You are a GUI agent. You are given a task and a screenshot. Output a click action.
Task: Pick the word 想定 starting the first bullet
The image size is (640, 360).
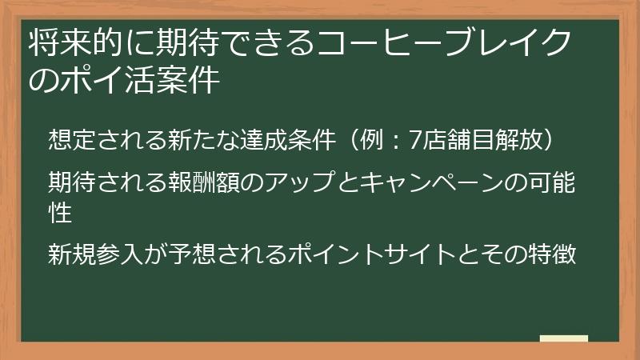(x=68, y=138)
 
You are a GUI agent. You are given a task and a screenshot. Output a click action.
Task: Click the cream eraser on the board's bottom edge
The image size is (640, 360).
(x=564, y=339)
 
